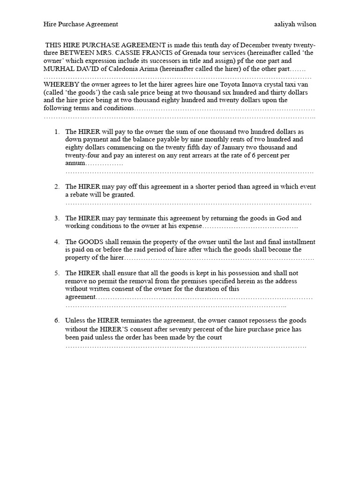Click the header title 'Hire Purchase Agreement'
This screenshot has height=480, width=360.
click(81, 24)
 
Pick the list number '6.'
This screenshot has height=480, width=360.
click(57, 321)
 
